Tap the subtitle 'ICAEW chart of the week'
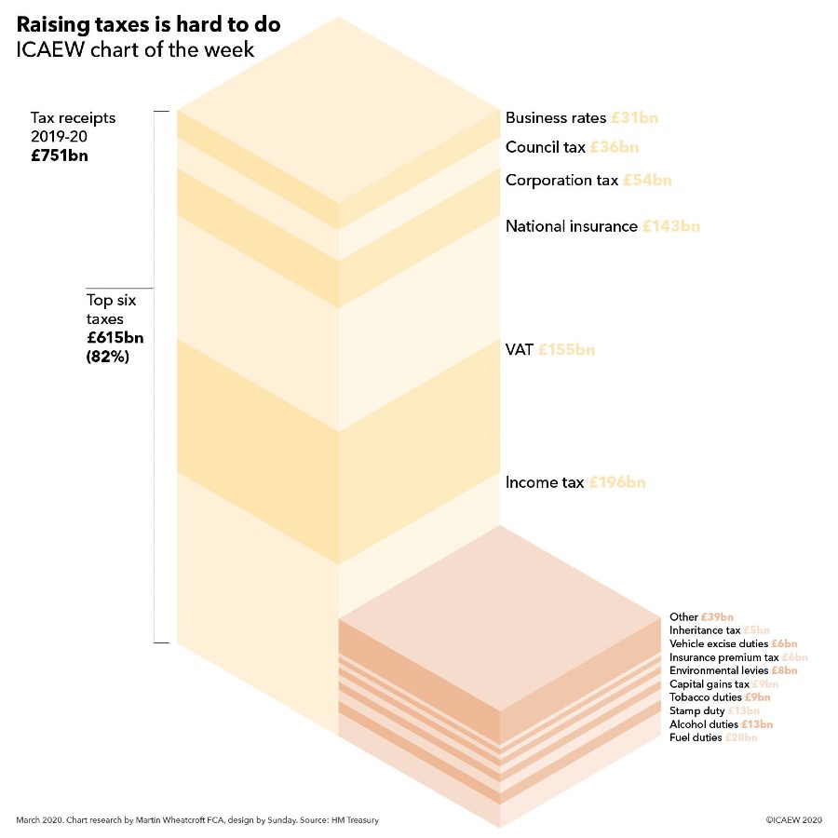click(x=135, y=49)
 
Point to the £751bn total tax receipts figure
click(x=60, y=155)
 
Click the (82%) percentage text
click(x=108, y=356)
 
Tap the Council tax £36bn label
click(x=572, y=147)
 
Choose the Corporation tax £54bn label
click(x=588, y=180)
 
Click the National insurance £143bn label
click(x=602, y=226)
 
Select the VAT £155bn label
click(x=549, y=350)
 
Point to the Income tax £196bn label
click(x=574, y=482)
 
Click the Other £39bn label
click(x=701, y=617)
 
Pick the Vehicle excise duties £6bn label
click(x=733, y=643)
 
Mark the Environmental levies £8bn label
click(x=733, y=670)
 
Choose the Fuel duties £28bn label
click(x=713, y=737)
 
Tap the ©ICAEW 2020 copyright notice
click(x=793, y=820)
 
